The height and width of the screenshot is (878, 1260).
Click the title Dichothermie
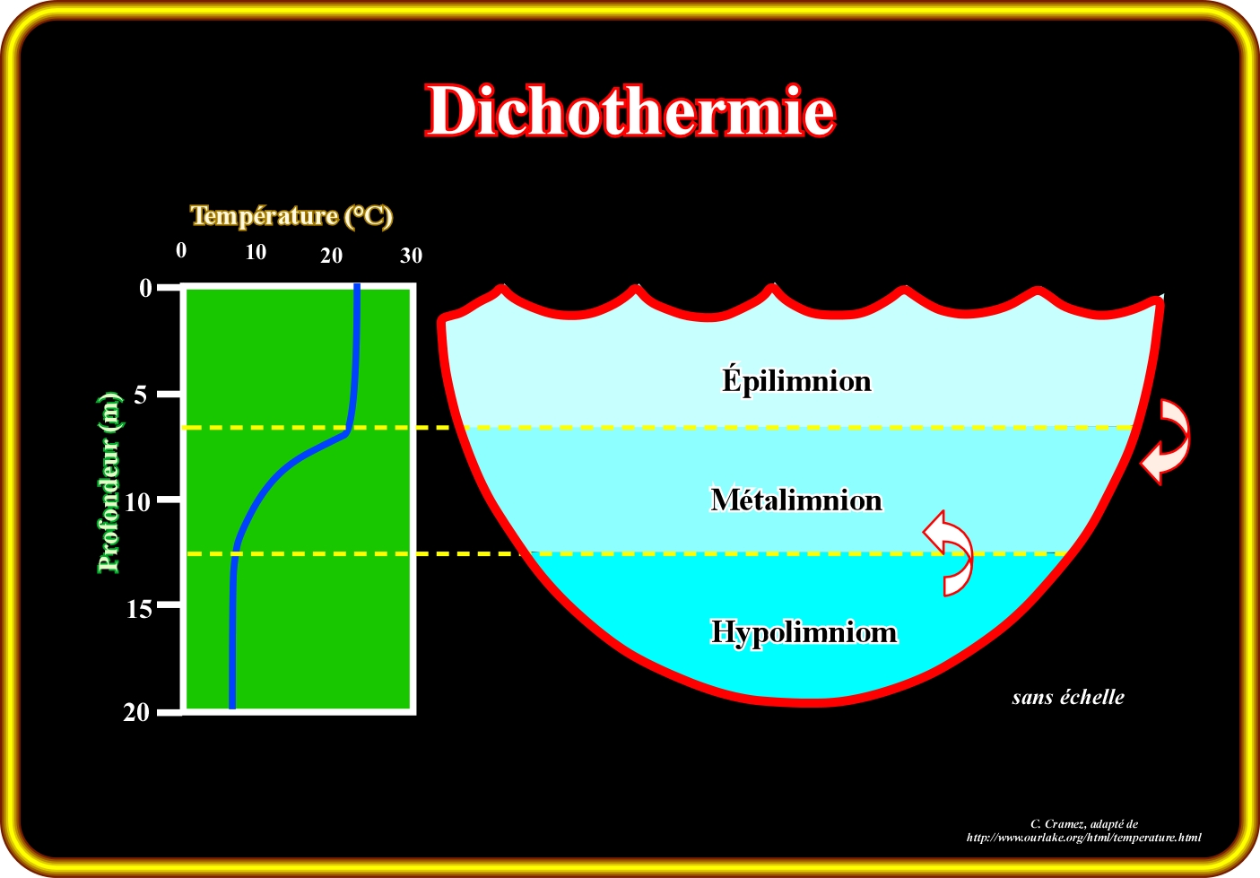[630, 111]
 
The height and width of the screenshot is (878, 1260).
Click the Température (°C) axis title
[291, 216]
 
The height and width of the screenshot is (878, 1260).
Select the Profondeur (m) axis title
[109, 482]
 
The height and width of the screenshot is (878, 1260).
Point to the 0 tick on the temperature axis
[181, 251]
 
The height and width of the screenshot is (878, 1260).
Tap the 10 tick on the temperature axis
[256, 253]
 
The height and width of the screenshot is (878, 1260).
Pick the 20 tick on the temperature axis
[331, 256]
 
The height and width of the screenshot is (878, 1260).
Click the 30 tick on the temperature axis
[411, 256]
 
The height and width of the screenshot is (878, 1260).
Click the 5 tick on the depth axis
[140, 395]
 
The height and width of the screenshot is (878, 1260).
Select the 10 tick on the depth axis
[136, 502]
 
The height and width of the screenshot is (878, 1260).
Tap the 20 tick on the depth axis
[136, 713]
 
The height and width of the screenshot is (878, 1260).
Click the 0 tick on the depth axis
[145, 288]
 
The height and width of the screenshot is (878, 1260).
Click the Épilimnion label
[796, 381]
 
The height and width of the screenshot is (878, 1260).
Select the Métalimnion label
[796, 500]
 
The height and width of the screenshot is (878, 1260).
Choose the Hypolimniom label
[804, 632]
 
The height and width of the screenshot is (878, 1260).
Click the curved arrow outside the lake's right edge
[1168, 442]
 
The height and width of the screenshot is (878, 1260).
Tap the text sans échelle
[1067, 697]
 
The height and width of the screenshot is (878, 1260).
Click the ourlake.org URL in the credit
[1083, 838]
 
